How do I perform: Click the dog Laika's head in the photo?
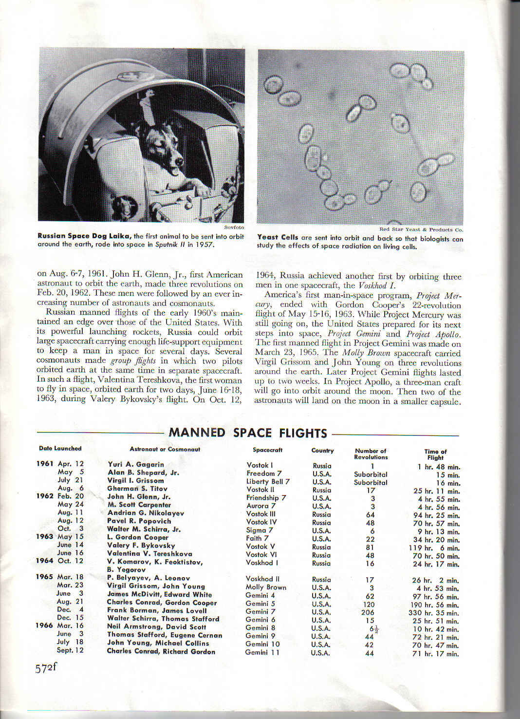[x=168, y=154]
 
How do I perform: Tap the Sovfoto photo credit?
[x=234, y=227]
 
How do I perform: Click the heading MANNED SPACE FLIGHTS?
[x=247, y=433]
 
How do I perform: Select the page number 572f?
[x=46, y=668]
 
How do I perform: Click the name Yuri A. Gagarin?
[x=136, y=464]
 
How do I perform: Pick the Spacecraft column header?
[x=267, y=450]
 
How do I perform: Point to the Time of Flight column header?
[x=435, y=454]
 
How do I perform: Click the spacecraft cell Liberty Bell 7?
[x=268, y=481]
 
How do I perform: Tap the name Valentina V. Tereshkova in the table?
[x=149, y=553]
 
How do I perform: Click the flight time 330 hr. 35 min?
[x=435, y=613]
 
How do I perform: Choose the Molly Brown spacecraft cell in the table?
[x=266, y=587]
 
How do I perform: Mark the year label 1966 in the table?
[x=44, y=625]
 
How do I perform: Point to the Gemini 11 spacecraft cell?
[x=262, y=652]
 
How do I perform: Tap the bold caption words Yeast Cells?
[x=278, y=237]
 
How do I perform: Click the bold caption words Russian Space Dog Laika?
[x=84, y=236]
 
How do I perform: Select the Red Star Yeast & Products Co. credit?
[x=421, y=229]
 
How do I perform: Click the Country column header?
[x=322, y=451]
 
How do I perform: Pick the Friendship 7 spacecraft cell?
[x=266, y=498]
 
